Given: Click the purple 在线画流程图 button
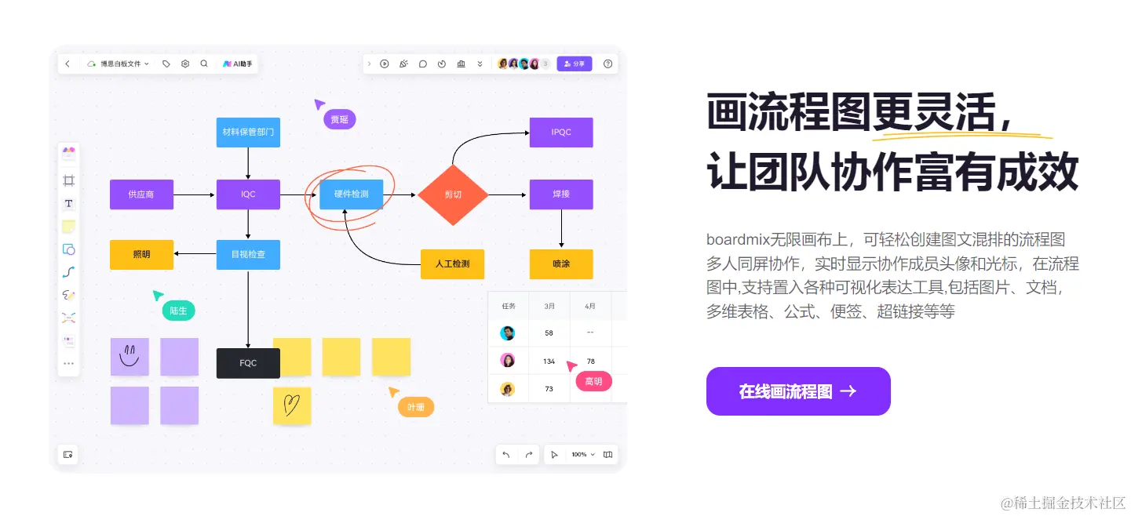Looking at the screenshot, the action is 797,391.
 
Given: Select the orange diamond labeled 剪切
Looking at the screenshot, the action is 453,194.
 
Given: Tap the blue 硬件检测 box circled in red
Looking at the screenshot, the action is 351,194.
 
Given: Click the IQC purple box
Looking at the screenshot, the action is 248,194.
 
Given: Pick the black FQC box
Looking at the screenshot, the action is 248,363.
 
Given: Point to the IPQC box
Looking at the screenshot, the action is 560,133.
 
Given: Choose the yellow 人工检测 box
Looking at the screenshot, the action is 452,264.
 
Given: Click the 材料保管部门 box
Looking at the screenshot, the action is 248,133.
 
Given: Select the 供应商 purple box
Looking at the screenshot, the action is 141,194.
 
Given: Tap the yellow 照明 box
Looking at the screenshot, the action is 141,255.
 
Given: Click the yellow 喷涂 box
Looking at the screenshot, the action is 560,264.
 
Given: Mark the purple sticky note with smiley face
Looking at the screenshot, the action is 130,357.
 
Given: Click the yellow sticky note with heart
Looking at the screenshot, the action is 292,405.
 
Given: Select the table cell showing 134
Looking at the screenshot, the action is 549,362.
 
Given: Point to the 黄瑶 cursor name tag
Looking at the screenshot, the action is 339,120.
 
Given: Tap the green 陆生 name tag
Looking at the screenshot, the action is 178,311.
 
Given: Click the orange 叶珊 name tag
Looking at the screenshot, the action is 416,407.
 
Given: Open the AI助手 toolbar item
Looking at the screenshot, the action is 238,64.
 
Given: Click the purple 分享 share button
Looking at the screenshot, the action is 575,64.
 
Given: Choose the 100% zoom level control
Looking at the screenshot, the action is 582,455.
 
